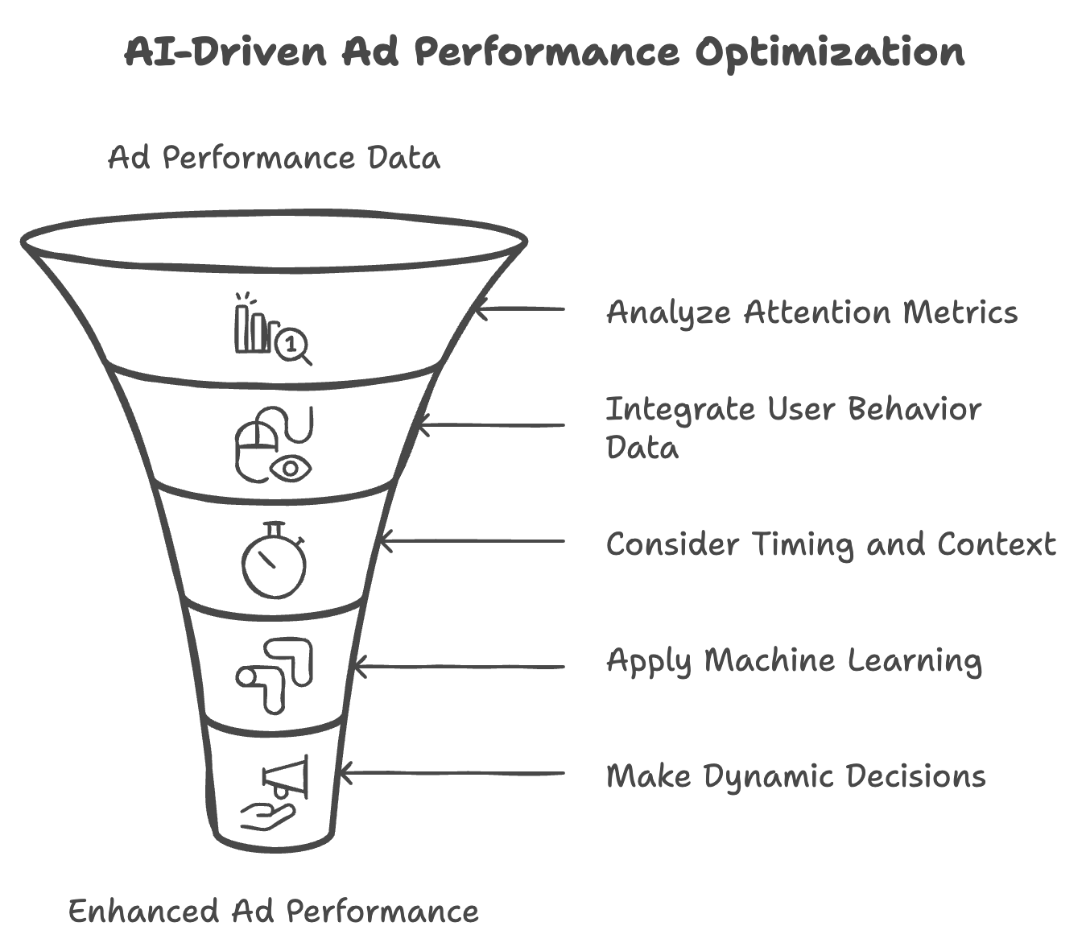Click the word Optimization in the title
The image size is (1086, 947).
pyautogui.click(x=829, y=53)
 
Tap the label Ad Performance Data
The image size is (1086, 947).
pyautogui.click(x=274, y=158)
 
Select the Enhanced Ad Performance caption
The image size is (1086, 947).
pyautogui.click(x=273, y=912)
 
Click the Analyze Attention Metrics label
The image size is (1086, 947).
pyautogui.click(x=811, y=312)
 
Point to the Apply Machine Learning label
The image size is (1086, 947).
pyautogui.click(x=794, y=662)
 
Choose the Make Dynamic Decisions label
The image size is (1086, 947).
pyautogui.click(x=795, y=776)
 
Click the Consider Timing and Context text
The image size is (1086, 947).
pyautogui.click(x=830, y=544)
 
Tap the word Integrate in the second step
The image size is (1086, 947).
pyautogui.click(x=680, y=409)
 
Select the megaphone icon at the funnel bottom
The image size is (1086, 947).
pyautogui.click(x=287, y=776)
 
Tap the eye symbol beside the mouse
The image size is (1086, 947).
pyautogui.click(x=291, y=468)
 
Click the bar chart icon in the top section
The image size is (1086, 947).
pyautogui.click(x=253, y=325)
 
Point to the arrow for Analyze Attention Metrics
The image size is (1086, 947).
pyautogui.click(x=519, y=308)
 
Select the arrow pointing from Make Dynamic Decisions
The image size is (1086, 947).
pyautogui.click(x=452, y=773)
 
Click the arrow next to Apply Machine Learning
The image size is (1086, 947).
pyautogui.click(x=459, y=667)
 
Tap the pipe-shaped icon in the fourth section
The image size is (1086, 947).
pyautogui.click(x=275, y=675)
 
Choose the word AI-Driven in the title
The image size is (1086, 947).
pyautogui.click(x=226, y=53)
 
